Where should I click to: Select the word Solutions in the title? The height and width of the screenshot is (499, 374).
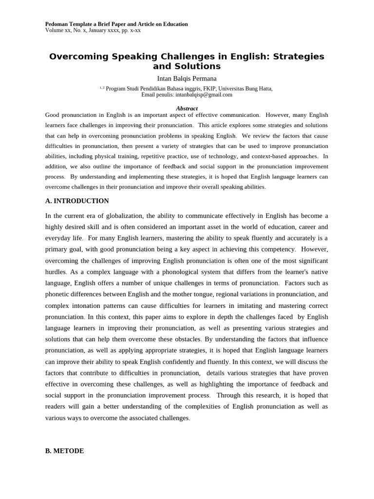pos(194,66)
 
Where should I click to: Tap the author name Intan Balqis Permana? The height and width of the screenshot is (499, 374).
pos(187,78)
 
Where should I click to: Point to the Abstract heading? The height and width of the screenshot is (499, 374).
pos(187,108)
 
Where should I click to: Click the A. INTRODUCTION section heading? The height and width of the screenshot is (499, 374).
pos(77,201)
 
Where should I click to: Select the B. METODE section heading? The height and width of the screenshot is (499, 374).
pos(64,451)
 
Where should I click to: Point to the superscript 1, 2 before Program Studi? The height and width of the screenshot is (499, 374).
pos(102,88)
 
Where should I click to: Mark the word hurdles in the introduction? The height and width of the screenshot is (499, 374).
pos(56,272)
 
